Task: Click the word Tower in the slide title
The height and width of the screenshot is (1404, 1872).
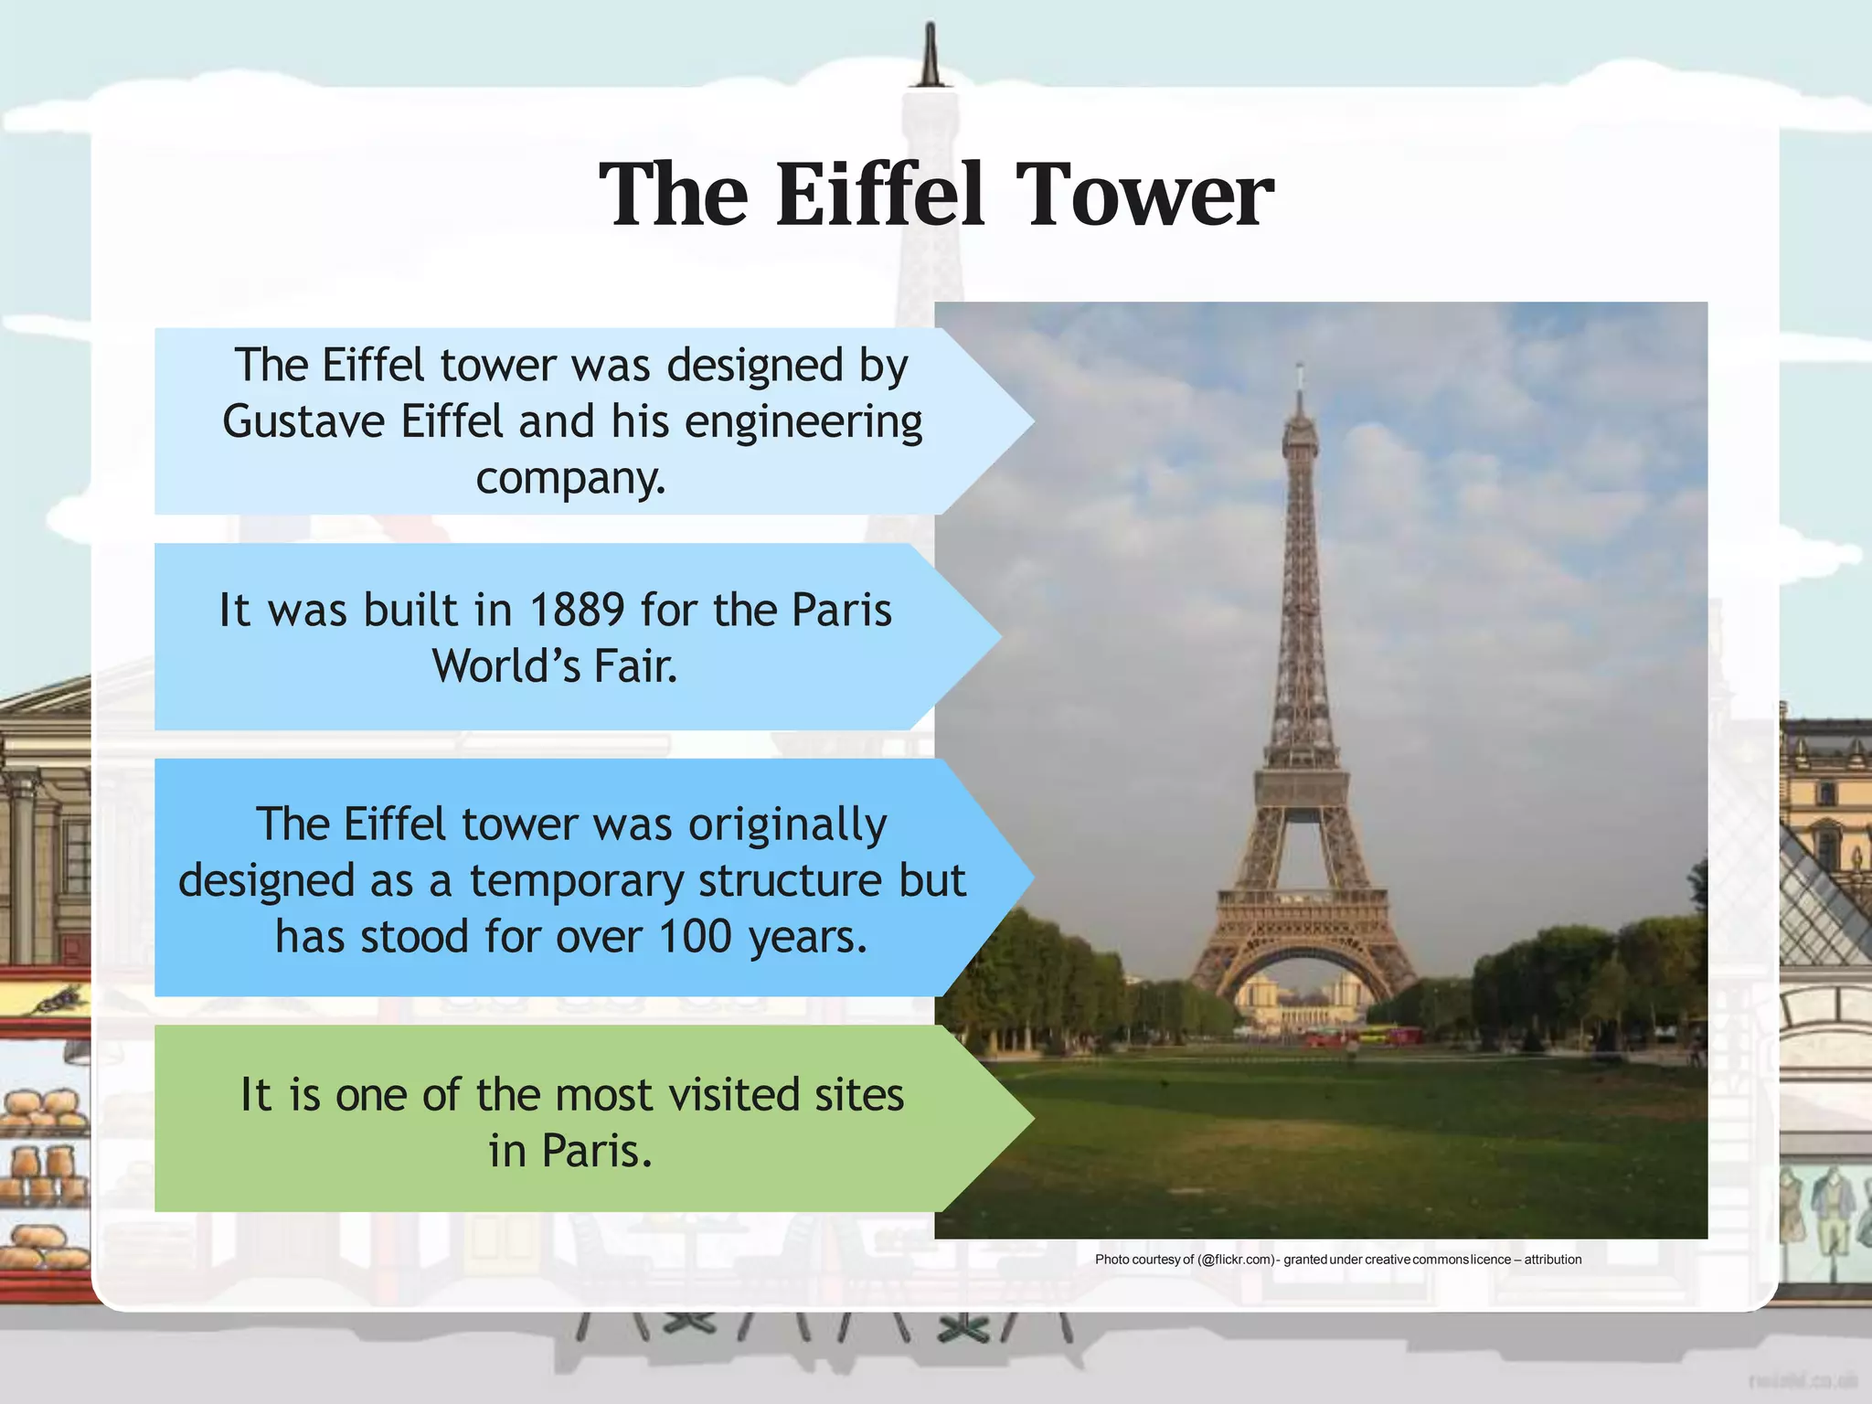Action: coord(1144,195)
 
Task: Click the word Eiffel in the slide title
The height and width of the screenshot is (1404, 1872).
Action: coord(880,195)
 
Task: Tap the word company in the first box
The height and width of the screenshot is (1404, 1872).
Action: coord(570,479)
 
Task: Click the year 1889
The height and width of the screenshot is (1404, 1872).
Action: coord(577,610)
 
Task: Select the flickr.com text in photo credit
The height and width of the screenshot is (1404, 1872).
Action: coord(1236,1260)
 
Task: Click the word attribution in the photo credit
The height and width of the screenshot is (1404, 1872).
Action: coord(1552,1260)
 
